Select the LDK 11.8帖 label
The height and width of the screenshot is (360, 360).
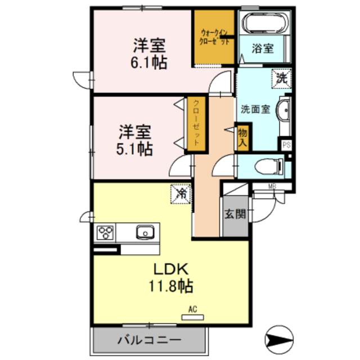point(170,278)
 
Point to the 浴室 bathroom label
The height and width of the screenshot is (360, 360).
point(263,49)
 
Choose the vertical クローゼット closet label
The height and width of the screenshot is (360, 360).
point(196,123)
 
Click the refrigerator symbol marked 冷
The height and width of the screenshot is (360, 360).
point(182,194)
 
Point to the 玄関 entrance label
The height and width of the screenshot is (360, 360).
point(235,214)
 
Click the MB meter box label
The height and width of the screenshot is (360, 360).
point(272,187)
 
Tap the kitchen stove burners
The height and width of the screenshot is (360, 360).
point(106,232)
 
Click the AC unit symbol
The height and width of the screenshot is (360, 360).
point(192,317)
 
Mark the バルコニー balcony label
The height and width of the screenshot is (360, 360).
point(150,340)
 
